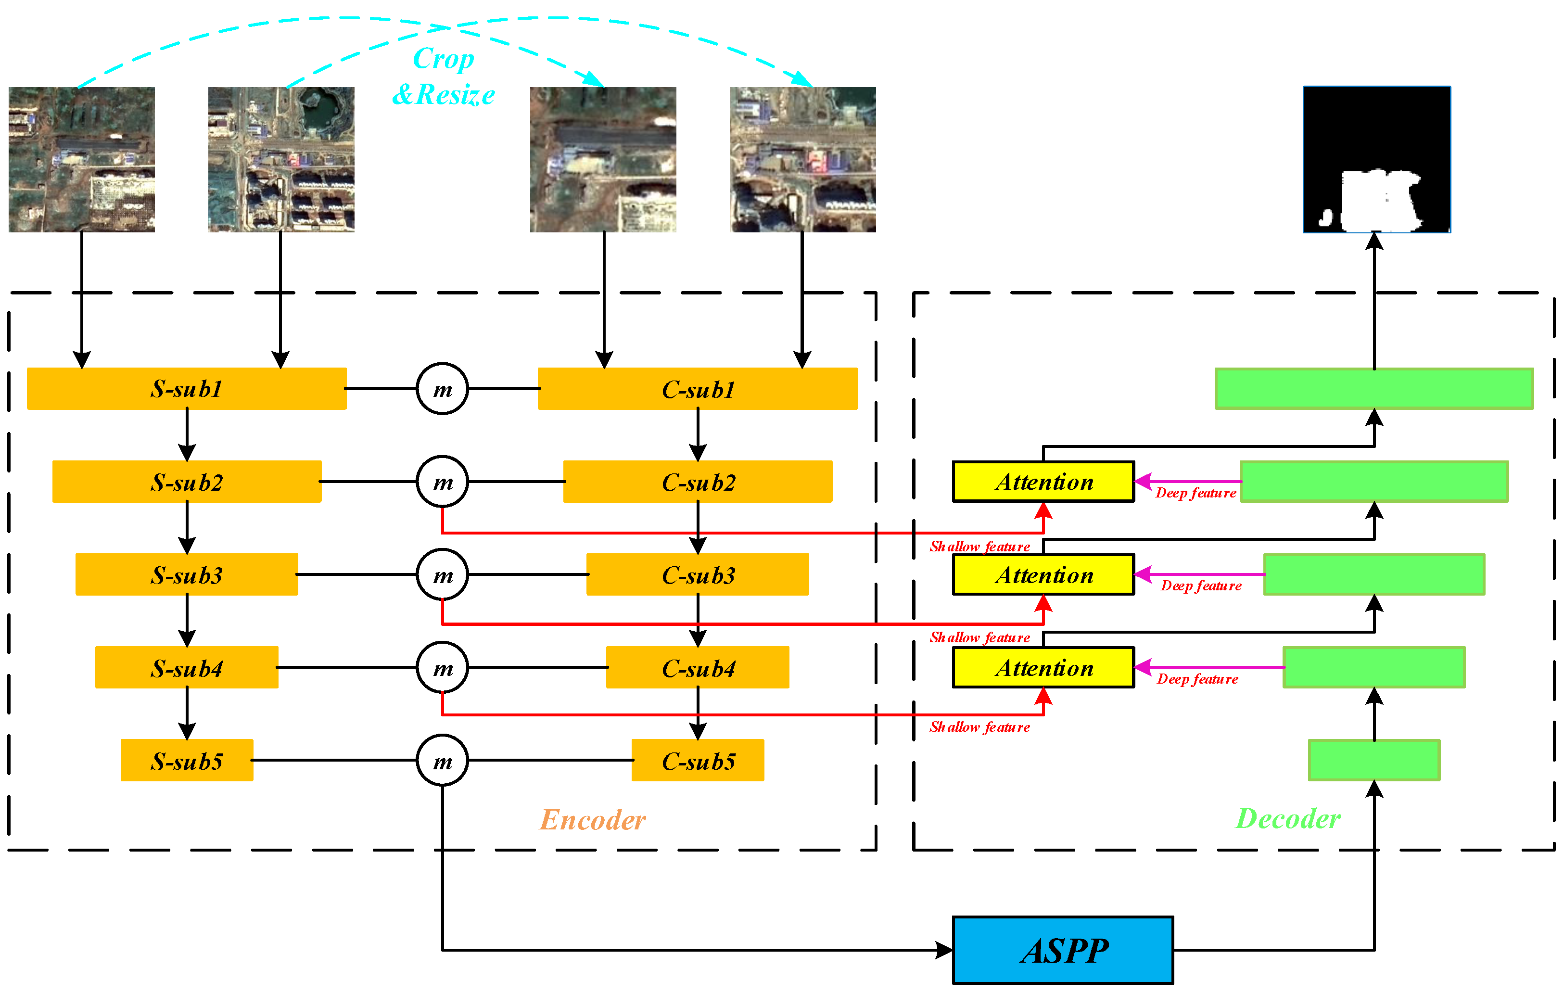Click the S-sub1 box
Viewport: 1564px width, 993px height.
186,388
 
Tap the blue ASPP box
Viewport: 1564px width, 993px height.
1063,950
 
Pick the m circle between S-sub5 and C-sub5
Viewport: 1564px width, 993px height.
442,761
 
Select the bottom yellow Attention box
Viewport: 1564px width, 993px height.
1043,668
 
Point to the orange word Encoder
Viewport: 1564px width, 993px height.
592,820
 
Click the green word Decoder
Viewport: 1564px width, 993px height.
1287,818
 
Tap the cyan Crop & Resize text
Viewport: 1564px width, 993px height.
444,76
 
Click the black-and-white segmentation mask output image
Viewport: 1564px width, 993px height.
1376,160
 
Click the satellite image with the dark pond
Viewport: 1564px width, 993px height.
281,160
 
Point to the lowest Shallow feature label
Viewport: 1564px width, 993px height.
979,727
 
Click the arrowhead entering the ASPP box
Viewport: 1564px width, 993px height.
944,950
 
